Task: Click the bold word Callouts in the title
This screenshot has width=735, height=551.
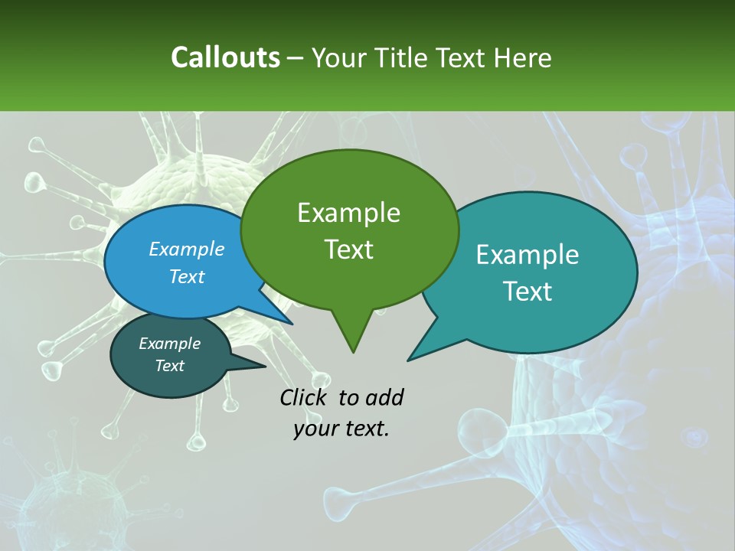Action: pyautogui.click(x=225, y=57)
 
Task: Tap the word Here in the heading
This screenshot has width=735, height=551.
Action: pyautogui.click(x=523, y=57)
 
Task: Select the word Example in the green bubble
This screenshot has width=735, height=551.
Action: pyautogui.click(x=348, y=213)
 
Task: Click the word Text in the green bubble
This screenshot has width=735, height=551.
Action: pyautogui.click(x=348, y=249)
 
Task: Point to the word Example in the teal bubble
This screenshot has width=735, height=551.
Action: pyautogui.click(x=528, y=255)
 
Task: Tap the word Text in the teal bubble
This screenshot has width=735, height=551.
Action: pyautogui.click(x=528, y=292)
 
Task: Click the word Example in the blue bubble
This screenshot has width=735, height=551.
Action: pyautogui.click(x=187, y=249)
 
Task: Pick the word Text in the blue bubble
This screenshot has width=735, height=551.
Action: pyautogui.click(x=187, y=276)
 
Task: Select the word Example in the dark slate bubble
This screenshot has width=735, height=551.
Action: pyautogui.click(x=170, y=344)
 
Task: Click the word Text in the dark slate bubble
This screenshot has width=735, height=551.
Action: pyautogui.click(x=170, y=366)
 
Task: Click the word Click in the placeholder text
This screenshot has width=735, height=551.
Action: pyautogui.click(x=304, y=397)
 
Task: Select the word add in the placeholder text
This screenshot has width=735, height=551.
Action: pyautogui.click(x=384, y=397)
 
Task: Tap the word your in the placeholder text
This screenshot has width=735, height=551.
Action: pyautogui.click(x=311, y=429)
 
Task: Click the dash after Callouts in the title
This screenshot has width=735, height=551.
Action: pyautogui.click(x=296, y=57)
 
